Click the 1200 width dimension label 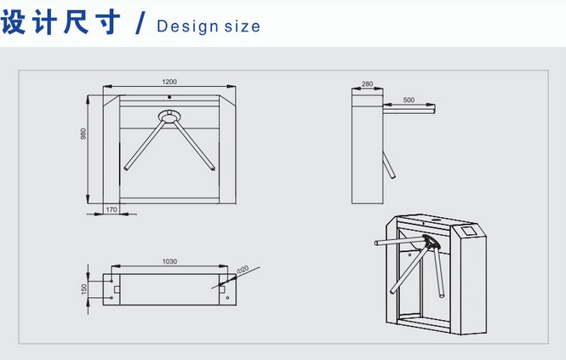tap(169, 82)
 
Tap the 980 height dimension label tap(83, 134)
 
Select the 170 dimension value tap(111, 209)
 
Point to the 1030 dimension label tap(169, 261)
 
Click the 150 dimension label tap(84, 289)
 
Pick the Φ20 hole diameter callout tap(243, 270)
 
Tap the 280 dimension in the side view tap(367, 83)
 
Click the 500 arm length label tap(409, 100)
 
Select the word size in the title tap(242, 26)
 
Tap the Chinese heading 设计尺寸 tap(60, 22)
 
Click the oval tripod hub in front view tap(169, 117)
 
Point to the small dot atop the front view tap(169, 97)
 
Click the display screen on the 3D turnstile tap(469, 231)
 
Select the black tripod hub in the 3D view tap(431, 242)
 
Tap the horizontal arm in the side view tap(409, 109)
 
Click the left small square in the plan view tap(117, 289)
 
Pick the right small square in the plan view tap(222, 289)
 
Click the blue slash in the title tap(140, 23)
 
